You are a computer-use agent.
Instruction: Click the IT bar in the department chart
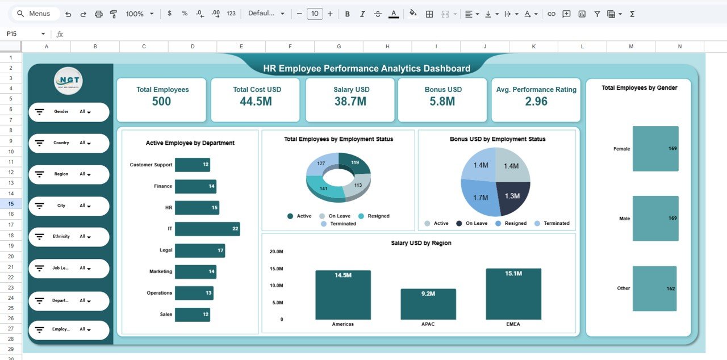coord(207,229)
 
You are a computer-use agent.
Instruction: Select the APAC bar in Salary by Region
coord(428,304)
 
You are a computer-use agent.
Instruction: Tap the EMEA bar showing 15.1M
coord(513,294)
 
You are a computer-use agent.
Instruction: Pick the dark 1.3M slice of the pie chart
coord(512,196)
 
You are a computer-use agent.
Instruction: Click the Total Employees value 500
coord(162,102)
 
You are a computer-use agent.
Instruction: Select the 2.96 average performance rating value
coord(536,102)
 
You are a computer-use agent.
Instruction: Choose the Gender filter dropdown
coord(86,112)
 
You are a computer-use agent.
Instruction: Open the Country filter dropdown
coord(86,143)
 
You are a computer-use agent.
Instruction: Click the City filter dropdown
coord(86,206)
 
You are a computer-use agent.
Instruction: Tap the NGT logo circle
coord(69,81)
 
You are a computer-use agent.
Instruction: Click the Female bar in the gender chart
coord(655,149)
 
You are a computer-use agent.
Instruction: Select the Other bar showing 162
coord(655,288)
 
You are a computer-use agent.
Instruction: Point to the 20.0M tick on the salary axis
coord(277,252)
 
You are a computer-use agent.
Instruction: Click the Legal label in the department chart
coord(166,250)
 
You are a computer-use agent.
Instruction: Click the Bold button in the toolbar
coord(348,14)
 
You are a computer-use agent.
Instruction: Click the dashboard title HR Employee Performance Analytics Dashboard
coord(366,68)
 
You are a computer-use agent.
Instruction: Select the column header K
coord(533,47)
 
